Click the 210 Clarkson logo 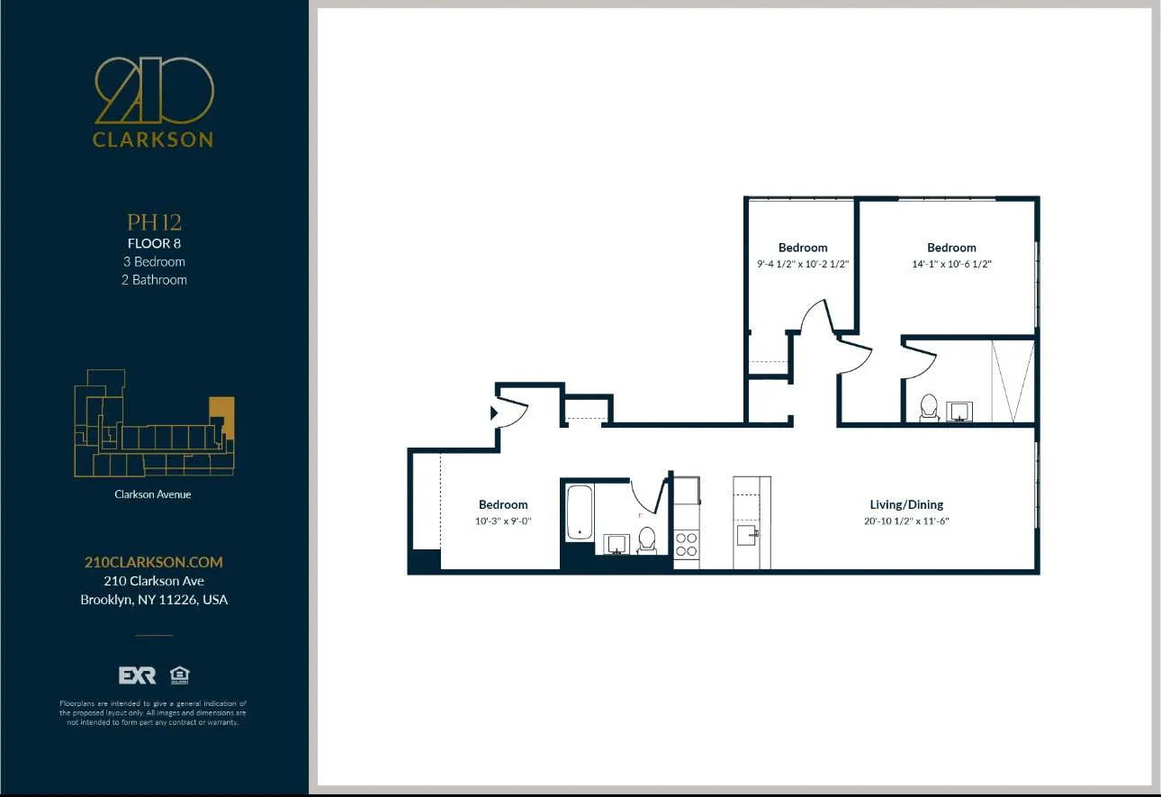[x=154, y=101]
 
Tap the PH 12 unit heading [x=154, y=222]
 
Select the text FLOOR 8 [x=154, y=243]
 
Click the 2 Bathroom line [x=155, y=280]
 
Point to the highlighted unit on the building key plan [x=221, y=416]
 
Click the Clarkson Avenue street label [x=153, y=494]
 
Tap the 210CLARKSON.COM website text [x=153, y=562]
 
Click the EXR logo [x=137, y=675]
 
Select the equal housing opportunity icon [x=179, y=675]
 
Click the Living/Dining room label [x=906, y=504]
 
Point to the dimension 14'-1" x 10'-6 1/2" [x=951, y=265]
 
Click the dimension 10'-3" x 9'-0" [x=503, y=521]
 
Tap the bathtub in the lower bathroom [x=580, y=512]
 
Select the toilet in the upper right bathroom [x=929, y=409]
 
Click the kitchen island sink [x=747, y=535]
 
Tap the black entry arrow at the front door [x=493, y=413]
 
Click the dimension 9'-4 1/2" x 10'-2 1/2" [x=803, y=265]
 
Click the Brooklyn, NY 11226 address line [x=154, y=600]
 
